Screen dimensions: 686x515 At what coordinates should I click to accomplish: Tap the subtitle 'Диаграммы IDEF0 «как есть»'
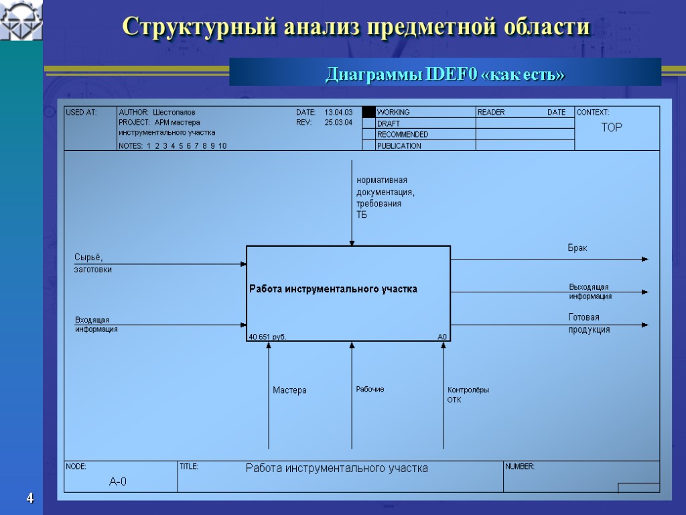[x=445, y=74]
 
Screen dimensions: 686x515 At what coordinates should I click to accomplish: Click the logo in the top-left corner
[x=21, y=20]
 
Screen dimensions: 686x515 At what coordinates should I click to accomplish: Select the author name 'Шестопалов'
[x=174, y=112]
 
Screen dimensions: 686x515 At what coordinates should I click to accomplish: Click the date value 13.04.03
[x=338, y=112]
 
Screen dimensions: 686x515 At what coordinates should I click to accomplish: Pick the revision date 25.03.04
[x=338, y=123]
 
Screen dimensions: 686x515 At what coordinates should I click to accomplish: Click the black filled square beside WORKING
[x=368, y=112]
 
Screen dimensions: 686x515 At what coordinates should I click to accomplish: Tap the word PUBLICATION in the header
[x=399, y=146]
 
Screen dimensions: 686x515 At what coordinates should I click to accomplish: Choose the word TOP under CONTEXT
[x=612, y=127]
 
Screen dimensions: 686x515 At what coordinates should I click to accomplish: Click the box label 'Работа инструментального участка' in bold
[x=334, y=289]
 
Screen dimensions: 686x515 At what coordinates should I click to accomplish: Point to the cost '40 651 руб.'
[x=267, y=337]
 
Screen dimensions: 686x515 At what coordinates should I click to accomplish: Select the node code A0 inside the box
[x=442, y=337]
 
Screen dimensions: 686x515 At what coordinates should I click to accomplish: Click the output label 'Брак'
[x=577, y=248]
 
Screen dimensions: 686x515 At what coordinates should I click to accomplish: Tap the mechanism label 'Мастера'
[x=289, y=390]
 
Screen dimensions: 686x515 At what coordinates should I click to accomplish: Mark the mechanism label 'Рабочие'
[x=370, y=390]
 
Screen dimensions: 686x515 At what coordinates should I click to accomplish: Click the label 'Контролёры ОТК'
[x=468, y=395]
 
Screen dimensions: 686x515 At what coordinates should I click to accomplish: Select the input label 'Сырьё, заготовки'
[x=92, y=264]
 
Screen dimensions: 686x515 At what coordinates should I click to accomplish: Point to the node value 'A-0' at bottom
[x=118, y=481]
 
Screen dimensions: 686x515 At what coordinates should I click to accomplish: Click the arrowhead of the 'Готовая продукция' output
[x=645, y=325]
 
